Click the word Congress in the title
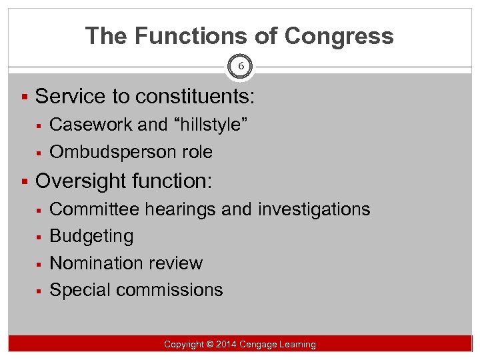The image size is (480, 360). [340, 35]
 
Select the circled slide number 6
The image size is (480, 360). [240, 65]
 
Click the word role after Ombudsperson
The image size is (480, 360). [196, 152]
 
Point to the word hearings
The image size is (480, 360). [178, 209]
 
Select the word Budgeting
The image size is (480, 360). [91, 236]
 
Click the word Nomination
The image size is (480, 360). [95, 263]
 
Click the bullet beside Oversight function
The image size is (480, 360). [25, 181]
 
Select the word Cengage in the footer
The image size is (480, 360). [261, 344]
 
